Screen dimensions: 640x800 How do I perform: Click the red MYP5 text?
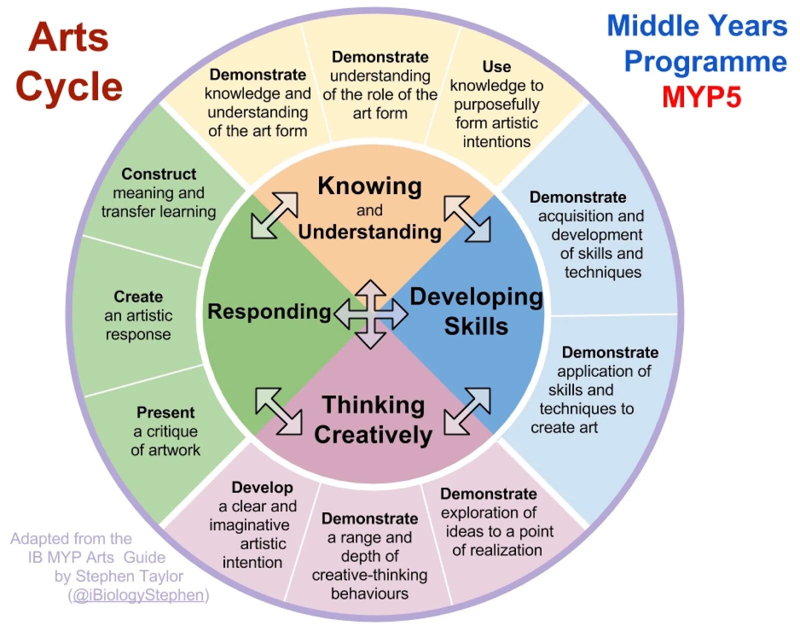pyautogui.click(x=701, y=97)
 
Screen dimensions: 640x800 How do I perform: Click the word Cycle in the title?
pyautogui.click(x=69, y=87)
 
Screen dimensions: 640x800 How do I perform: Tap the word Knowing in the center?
pyautogui.click(x=369, y=186)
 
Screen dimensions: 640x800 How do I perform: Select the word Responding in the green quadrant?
pyautogui.click(x=269, y=312)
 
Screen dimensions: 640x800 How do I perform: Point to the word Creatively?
pyautogui.click(x=373, y=434)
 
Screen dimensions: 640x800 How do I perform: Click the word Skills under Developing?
pyautogui.click(x=476, y=326)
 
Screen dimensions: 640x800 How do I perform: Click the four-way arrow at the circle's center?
pyautogui.click(x=370, y=314)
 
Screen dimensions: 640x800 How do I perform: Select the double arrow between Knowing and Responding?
pyautogui.click(x=274, y=215)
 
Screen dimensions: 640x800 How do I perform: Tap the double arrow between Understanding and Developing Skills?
pyautogui.click(x=467, y=219)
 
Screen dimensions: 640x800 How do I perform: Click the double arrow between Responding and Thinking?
pyautogui.click(x=278, y=411)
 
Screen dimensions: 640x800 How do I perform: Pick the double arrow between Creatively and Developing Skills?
pyautogui.click(x=467, y=411)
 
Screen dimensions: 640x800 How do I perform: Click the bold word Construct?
pyautogui.click(x=158, y=174)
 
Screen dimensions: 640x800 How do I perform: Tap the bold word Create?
pyautogui.click(x=138, y=297)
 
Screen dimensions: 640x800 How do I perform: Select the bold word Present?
pyautogui.click(x=165, y=412)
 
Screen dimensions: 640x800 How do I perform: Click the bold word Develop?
pyautogui.click(x=262, y=487)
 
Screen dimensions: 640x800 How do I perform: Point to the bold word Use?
pyautogui.click(x=496, y=67)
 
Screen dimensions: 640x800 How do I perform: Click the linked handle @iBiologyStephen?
pyautogui.click(x=138, y=595)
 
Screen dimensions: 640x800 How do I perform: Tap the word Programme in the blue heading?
pyautogui.click(x=705, y=62)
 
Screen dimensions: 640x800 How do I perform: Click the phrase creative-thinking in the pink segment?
pyautogui.click(x=369, y=575)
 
